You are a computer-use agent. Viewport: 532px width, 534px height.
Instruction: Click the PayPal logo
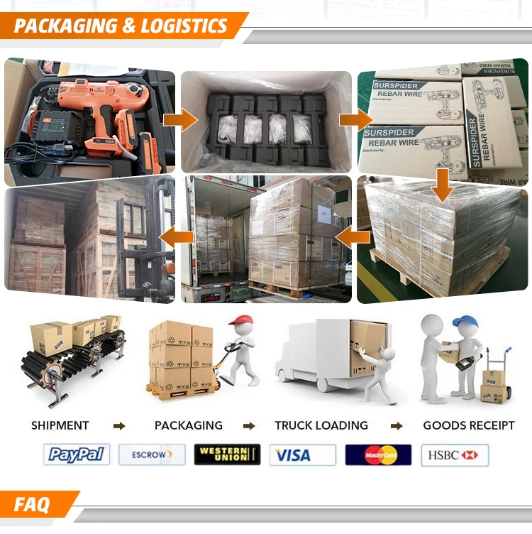click(x=77, y=454)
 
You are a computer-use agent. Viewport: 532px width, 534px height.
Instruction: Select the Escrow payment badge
click(x=152, y=454)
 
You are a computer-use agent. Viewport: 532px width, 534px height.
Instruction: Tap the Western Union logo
click(x=227, y=454)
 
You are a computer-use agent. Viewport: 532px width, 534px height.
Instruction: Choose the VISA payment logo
click(x=303, y=454)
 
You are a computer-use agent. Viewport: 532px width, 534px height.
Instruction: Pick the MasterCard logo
click(x=379, y=454)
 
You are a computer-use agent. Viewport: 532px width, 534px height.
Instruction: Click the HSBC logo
click(x=455, y=454)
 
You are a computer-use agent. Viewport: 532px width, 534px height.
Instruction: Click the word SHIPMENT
click(x=60, y=425)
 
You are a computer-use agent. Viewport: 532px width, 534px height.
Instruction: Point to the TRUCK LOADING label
click(x=321, y=425)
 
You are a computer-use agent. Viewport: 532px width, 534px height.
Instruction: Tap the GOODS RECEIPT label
click(x=469, y=425)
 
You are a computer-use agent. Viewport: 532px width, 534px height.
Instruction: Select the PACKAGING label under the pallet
click(x=189, y=425)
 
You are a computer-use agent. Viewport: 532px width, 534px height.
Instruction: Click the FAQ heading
click(x=33, y=505)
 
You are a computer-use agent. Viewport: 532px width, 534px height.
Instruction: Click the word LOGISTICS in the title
click(x=185, y=27)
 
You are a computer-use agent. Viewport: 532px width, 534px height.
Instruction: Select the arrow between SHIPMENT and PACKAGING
click(x=119, y=426)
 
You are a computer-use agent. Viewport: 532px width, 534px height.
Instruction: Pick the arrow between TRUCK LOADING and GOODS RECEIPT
click(x=397, y=426)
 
